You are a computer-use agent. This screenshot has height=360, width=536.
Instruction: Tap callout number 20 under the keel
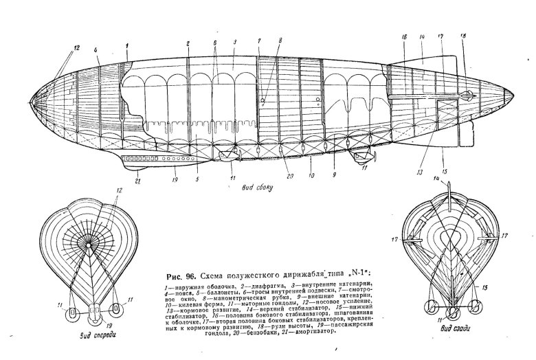tap(290, 176)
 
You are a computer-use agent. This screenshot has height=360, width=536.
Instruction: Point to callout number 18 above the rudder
tap(463, 35)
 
